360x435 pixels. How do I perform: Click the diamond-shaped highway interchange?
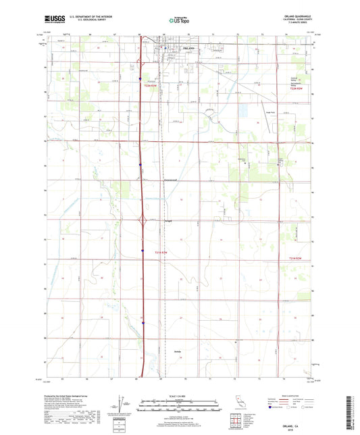tap(143, 220)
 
